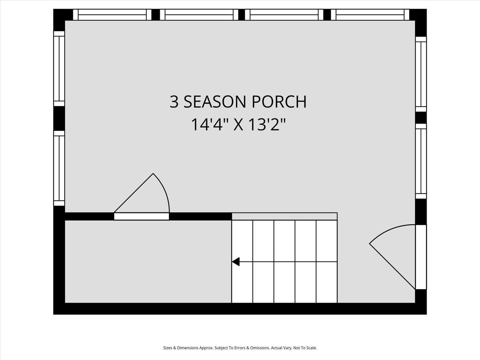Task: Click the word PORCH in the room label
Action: coord(279,102)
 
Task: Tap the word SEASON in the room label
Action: coord(214,102)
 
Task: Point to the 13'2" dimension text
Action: coord(267,124)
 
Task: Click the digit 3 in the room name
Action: coord(174,102)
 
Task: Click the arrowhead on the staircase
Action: coord(236,261)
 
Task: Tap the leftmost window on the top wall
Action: coord(112,15)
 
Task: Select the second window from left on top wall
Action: coord(199,15)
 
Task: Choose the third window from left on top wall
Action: coord(284,15)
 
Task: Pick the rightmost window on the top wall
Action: coord(370,15)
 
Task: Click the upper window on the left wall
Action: coord(59,68)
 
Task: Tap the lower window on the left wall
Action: coord(59,168)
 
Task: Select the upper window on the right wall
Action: coord(421,74)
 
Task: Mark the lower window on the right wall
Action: coord(421,161)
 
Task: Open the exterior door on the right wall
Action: coord(421,257)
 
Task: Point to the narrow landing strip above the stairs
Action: coord(284,216)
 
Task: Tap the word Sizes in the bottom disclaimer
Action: coord(168,348)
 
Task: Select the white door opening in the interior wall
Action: coord(141,217)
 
